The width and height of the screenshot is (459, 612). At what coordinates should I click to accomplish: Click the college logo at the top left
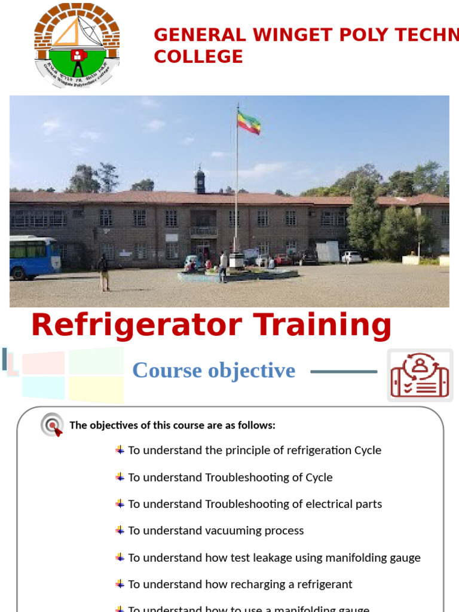tap(76, 45)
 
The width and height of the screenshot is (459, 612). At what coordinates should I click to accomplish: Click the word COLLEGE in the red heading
tap(198, 57)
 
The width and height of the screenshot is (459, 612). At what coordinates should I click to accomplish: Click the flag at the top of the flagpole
tap(249, 123)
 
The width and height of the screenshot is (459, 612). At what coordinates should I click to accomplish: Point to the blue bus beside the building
tap(35, 257)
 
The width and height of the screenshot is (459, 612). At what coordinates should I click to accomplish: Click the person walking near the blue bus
tap(104, 273)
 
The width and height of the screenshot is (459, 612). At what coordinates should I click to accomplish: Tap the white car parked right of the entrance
tap(351, 256)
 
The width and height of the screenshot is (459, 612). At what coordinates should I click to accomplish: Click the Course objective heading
tap(213, 371)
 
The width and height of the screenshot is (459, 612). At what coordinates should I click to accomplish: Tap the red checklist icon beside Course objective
tap(419, 375)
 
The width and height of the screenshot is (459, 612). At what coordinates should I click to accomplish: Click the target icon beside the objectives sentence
tap(52, 426)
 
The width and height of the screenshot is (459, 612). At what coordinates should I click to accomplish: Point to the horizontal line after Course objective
tap(344, 372)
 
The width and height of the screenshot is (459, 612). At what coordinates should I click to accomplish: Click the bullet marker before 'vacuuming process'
tap(120, 530)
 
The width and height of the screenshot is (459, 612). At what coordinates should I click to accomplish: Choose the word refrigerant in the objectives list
tap(322, 585)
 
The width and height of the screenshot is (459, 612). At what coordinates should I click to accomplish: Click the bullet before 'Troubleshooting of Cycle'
tap(120, 477)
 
